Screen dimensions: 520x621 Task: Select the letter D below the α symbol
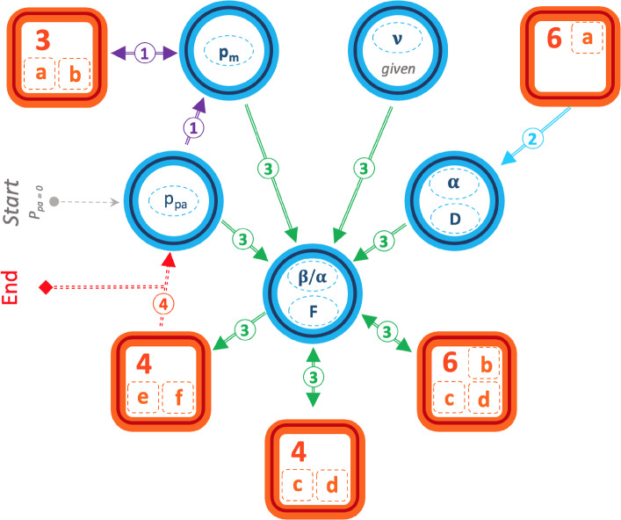click(x=454, y=218)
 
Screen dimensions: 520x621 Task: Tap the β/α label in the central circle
click(x=314, y=278)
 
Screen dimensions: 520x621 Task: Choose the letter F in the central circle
click(x=314, y=312)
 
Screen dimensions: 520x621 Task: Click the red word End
click(x=12, y=287)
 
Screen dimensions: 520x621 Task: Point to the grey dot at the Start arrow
click(x=54, y=202)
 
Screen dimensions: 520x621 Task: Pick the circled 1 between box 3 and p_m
click(x=148, y=54)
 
